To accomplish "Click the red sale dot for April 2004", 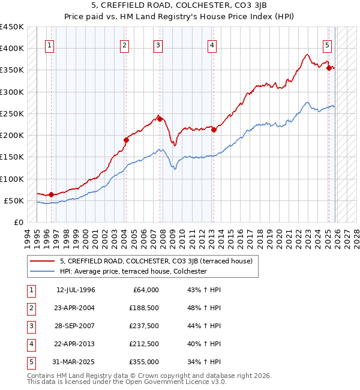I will pyautogui.click(x=126, y=140).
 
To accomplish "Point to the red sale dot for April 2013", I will pyautogui.click(x=214, y=130).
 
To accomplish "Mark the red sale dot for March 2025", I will pyautogui.click(x=329, y=68).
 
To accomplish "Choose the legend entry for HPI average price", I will pyautogui.click(x=133, y=271).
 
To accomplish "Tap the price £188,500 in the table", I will pyautogui.click(x=143, y=308).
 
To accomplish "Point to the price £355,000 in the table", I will pyautogui.click(x=143, y=362).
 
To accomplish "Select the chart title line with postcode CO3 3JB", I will pyautogui.click(x=180, y=5).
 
